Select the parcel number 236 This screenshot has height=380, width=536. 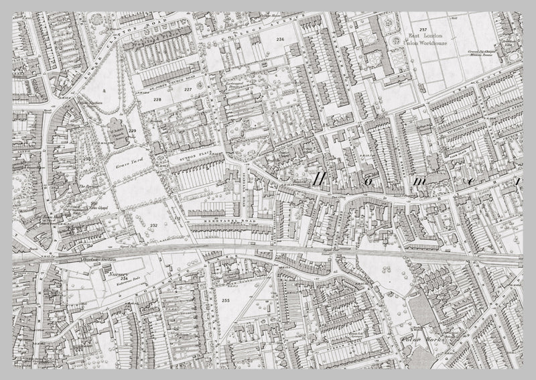[x=279, y=42]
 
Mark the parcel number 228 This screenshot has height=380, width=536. [x=157, y=100]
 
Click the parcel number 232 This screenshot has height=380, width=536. [x=153, y=225]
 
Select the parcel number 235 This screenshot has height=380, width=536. [x=225, y=302]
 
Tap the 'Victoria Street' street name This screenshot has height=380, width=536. [x=456, y=125]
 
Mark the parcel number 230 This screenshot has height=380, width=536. [x=87, y=157]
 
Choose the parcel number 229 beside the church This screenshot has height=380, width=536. [x=133, y=131]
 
